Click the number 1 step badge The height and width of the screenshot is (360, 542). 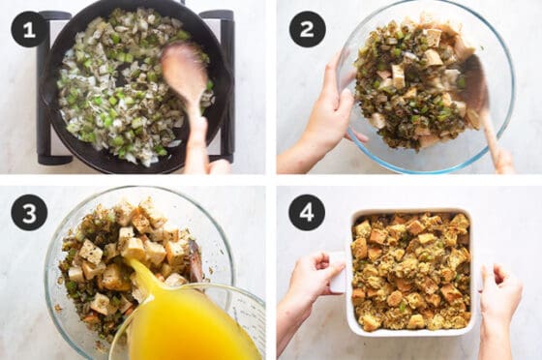tap(28, 29)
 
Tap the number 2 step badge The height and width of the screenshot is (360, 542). tap(307, 29)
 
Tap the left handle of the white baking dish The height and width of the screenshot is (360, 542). tap(338, 273)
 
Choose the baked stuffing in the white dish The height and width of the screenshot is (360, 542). tap(411, 271)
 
